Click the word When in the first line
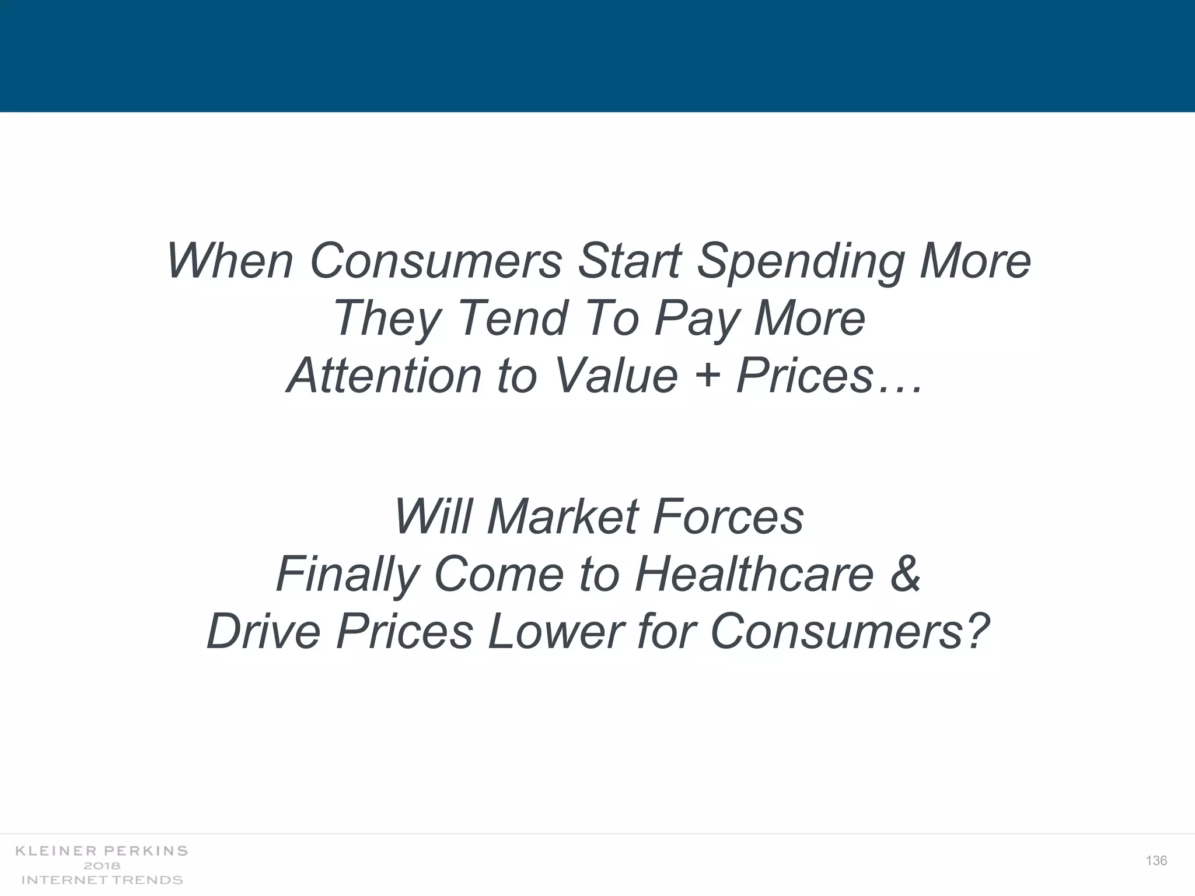pos(229,261)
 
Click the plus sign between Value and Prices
pos(707,376)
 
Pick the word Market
pos(562,517)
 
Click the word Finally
pos(346,575)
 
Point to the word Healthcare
pos(754,574)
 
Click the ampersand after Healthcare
pos(905,575)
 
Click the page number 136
pos(1156,861)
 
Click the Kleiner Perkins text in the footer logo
pos(102,851)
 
